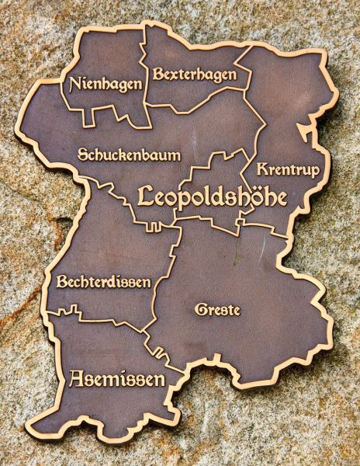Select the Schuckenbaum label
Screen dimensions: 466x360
(x=129, y=155)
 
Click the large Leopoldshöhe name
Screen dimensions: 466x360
(x=212, y=196)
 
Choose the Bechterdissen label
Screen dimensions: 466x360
(x=103, y=282)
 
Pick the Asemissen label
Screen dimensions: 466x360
(x=117, y=379)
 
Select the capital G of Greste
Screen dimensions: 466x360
(x=199, y=309)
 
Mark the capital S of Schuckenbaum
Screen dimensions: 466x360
(x=83, y=155)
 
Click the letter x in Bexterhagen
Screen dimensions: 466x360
(x=175, y=75)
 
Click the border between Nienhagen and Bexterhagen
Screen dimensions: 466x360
(x=145, y=70)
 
